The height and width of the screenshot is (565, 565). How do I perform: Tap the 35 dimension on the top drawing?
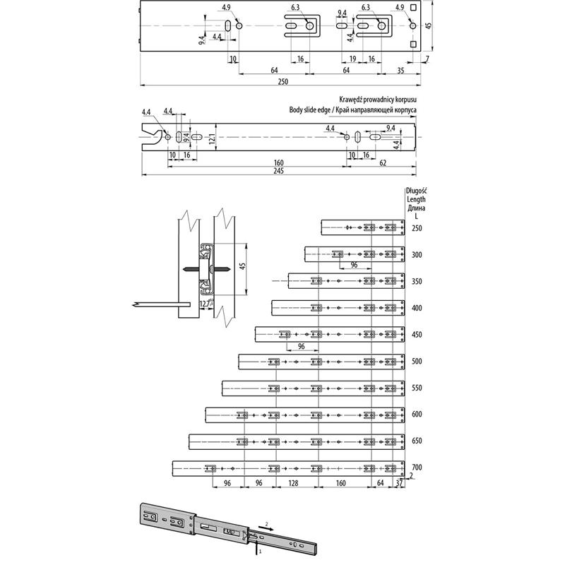400,71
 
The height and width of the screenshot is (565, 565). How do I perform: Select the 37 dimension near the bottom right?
400,483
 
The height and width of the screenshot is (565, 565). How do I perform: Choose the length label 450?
417,335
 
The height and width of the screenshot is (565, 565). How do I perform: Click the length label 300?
417,254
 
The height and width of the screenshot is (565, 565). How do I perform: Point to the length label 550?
417,388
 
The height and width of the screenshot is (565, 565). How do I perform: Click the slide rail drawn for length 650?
297,441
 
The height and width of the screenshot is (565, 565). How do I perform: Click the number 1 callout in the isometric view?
261,548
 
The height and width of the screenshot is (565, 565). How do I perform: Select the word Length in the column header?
416,199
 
